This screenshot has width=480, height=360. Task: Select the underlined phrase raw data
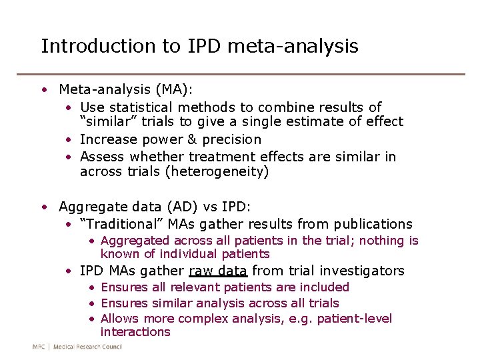coord(218,271)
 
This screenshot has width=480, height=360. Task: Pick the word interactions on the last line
coord(135,332)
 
